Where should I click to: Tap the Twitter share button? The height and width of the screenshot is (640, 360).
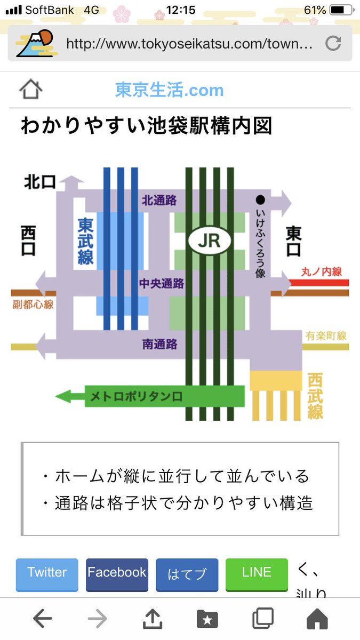(x=47, y=573)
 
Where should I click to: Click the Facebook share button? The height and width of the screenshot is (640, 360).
(x=117, y=573)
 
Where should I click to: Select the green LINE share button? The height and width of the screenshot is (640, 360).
(x=257, y=573)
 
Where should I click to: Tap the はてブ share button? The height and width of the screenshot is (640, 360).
(x=187, y=574)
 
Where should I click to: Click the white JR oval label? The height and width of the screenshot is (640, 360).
(x=209, y=242)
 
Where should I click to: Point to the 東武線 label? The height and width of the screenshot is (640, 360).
(x=85, y=241)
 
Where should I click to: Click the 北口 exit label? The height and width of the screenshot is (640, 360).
(x=40, y=182)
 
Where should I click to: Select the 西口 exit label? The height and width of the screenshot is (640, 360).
(x=28, y=241)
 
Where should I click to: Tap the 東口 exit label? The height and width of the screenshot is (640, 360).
(x=294, y=242)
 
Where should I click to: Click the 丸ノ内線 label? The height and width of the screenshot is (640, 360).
(x=321, y=271)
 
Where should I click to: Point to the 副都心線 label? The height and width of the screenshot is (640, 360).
(x=33, y=305)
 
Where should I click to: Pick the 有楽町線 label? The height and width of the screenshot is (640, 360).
(x=326, y=336)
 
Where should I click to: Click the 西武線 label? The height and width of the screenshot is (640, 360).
(x=315, y=396)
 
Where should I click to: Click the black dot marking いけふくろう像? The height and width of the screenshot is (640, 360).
(x=260, y=201)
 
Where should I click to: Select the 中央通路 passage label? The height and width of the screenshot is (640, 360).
(x=161, y=283)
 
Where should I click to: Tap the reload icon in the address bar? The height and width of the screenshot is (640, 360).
(x=333, y=43)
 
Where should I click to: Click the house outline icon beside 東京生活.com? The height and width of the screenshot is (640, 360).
(x=30, y=90)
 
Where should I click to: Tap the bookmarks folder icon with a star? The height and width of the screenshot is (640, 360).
(x=207, y=619)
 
